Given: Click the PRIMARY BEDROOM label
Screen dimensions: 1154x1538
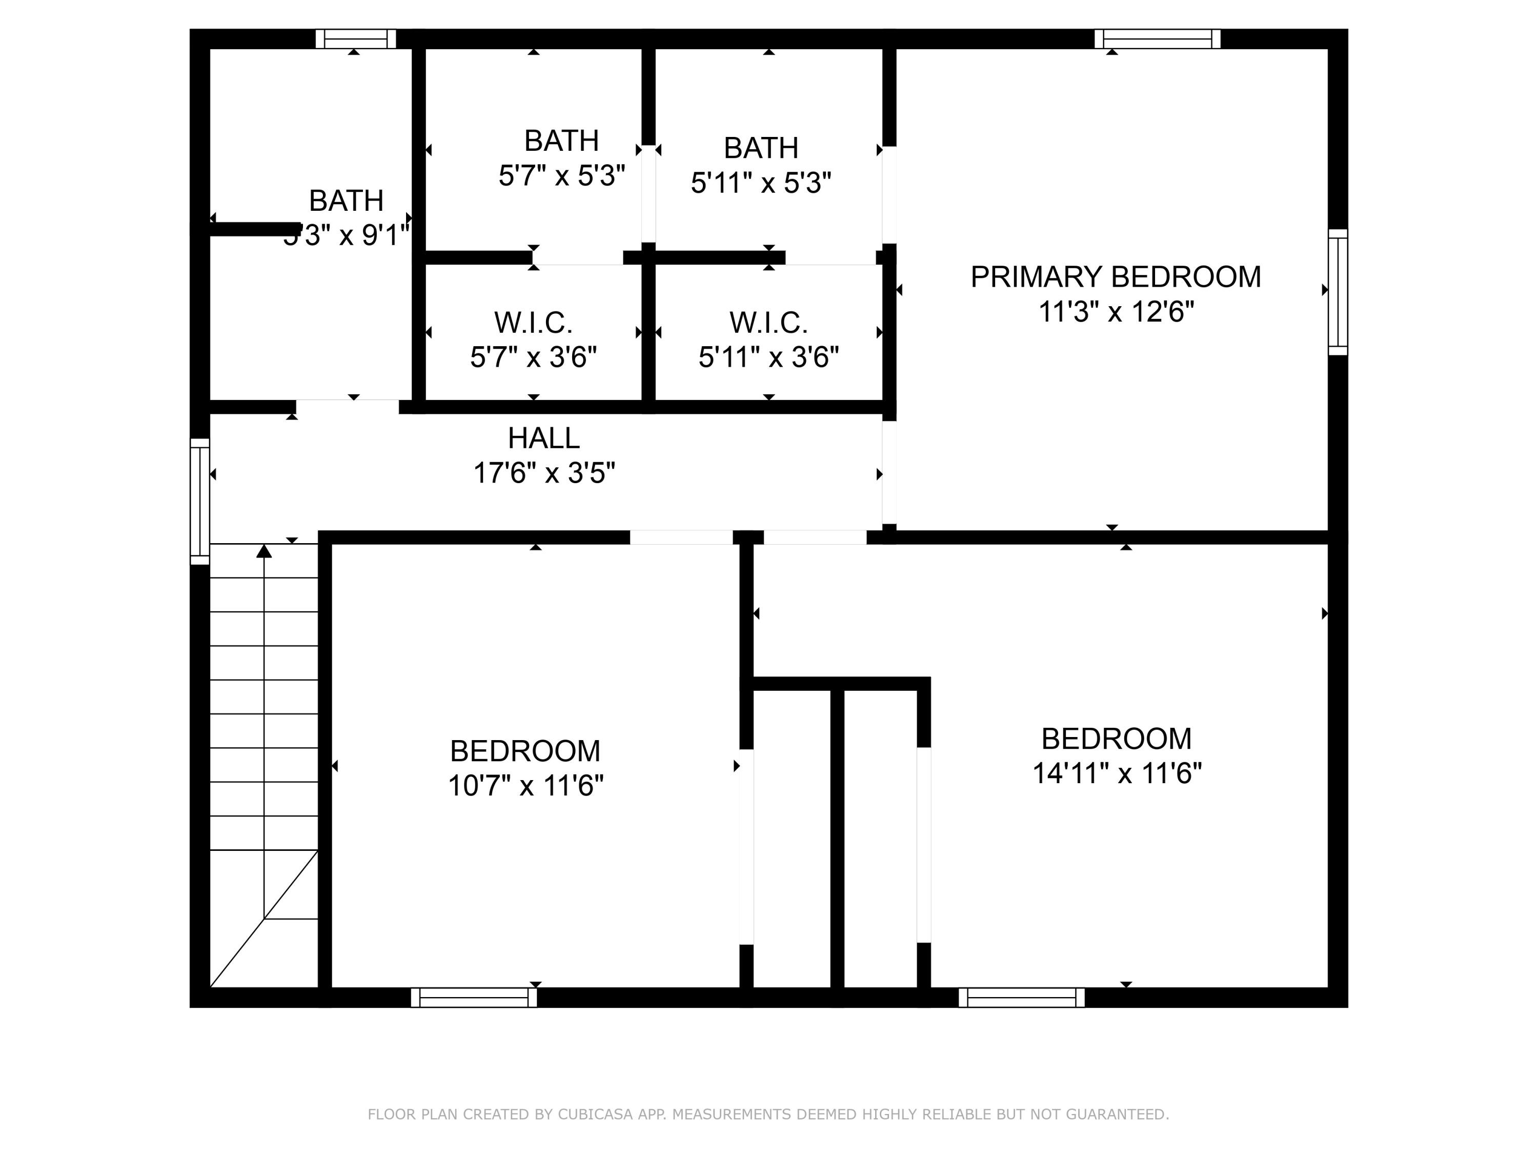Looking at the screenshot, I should [1115, 277].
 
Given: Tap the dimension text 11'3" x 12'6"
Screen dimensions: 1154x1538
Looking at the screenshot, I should [1115, 312].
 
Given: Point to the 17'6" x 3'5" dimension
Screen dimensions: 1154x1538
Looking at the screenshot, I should [544, 473].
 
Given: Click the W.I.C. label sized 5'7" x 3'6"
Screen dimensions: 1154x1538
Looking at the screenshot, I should [533, 323].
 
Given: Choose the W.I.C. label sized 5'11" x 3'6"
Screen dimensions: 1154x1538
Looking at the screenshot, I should [768, 323].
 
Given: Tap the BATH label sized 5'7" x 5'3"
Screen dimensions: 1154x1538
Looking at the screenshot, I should [561, 141].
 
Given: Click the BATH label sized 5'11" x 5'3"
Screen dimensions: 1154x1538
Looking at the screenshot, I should [761, 148].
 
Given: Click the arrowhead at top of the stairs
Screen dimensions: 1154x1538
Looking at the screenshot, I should [264, 551].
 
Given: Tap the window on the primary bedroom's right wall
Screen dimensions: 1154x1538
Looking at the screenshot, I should [1338, 292].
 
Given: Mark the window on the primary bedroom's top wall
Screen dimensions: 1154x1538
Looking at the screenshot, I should [1157, 39].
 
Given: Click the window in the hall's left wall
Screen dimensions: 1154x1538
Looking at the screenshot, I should [199, 501].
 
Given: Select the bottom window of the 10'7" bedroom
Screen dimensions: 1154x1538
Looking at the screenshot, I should [474, 998].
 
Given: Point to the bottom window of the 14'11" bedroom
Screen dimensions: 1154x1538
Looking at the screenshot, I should [1021, 998].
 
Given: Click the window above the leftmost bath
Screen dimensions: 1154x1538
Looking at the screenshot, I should [356, 39].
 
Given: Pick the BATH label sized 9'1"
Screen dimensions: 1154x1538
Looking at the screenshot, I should [346, 201].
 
